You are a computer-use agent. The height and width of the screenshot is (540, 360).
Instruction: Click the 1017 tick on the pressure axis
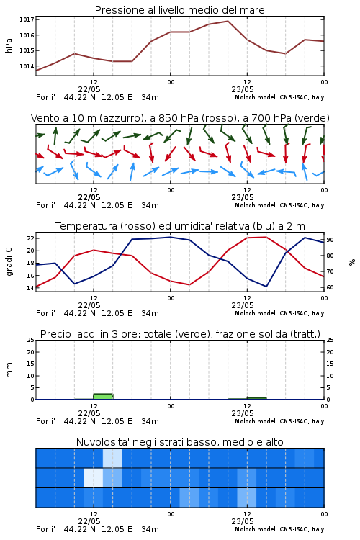(x=27, y=19)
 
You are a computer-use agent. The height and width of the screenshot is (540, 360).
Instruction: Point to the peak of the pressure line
(x=228, y=21)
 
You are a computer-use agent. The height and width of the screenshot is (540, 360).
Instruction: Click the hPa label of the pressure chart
(x=9, y=45)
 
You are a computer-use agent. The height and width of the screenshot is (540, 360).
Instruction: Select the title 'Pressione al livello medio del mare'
(x=180, y=10)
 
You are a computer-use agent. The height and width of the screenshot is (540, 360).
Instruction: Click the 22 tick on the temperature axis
(x=31, y=238)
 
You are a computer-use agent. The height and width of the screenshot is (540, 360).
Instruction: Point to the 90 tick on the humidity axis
(x=330, y=240)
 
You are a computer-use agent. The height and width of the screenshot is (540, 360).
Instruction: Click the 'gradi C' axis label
(x=9, y=262)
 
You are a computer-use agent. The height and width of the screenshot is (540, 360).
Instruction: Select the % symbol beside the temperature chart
(x=352, y=262)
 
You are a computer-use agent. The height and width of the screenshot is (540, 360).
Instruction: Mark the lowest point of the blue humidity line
(x=266, y=287)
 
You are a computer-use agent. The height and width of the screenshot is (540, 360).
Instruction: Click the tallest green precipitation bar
(x=104, y=397)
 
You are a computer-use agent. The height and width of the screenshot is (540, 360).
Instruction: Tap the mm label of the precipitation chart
(x=9, y=370)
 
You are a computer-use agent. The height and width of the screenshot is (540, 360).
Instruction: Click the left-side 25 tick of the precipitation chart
(x=31, y=340)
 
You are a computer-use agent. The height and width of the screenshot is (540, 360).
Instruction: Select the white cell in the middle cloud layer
(x=94, y=477)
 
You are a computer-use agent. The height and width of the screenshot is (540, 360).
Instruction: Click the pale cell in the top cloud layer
(x=112, y=458)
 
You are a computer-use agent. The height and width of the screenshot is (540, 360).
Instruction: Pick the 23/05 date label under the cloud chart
(x=243, y=521)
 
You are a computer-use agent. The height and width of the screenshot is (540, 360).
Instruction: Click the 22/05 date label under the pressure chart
(x=89, y=89)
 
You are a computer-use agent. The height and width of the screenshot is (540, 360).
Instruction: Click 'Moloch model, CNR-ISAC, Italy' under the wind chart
(x=279, y=205)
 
